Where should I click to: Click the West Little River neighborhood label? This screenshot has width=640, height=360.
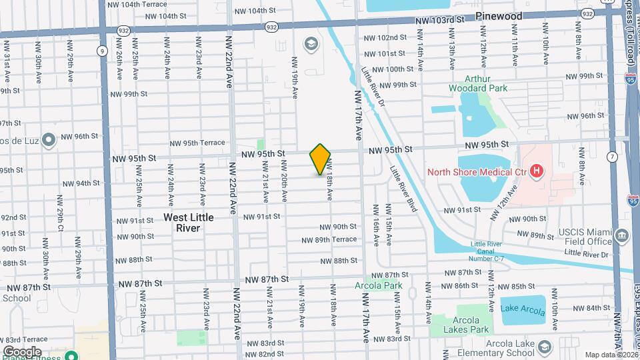pos(189,223)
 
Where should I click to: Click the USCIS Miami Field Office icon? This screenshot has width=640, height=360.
pos(622,235)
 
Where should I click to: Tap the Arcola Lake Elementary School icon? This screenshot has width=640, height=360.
pos(545,347)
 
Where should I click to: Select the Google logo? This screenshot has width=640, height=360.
pos(22,351)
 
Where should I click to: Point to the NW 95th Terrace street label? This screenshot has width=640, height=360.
pos(197,143)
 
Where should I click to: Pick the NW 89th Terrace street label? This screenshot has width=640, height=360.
pos(329,240)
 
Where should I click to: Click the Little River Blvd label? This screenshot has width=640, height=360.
pos(404,189)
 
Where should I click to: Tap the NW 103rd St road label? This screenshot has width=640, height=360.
pos(439,21)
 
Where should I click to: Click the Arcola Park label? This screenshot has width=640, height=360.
pos(383,285)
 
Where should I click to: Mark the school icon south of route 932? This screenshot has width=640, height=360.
pos(311,44)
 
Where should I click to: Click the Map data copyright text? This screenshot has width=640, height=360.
pos(609,355)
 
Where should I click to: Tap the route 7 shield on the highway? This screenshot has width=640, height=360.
pos(611,157)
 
